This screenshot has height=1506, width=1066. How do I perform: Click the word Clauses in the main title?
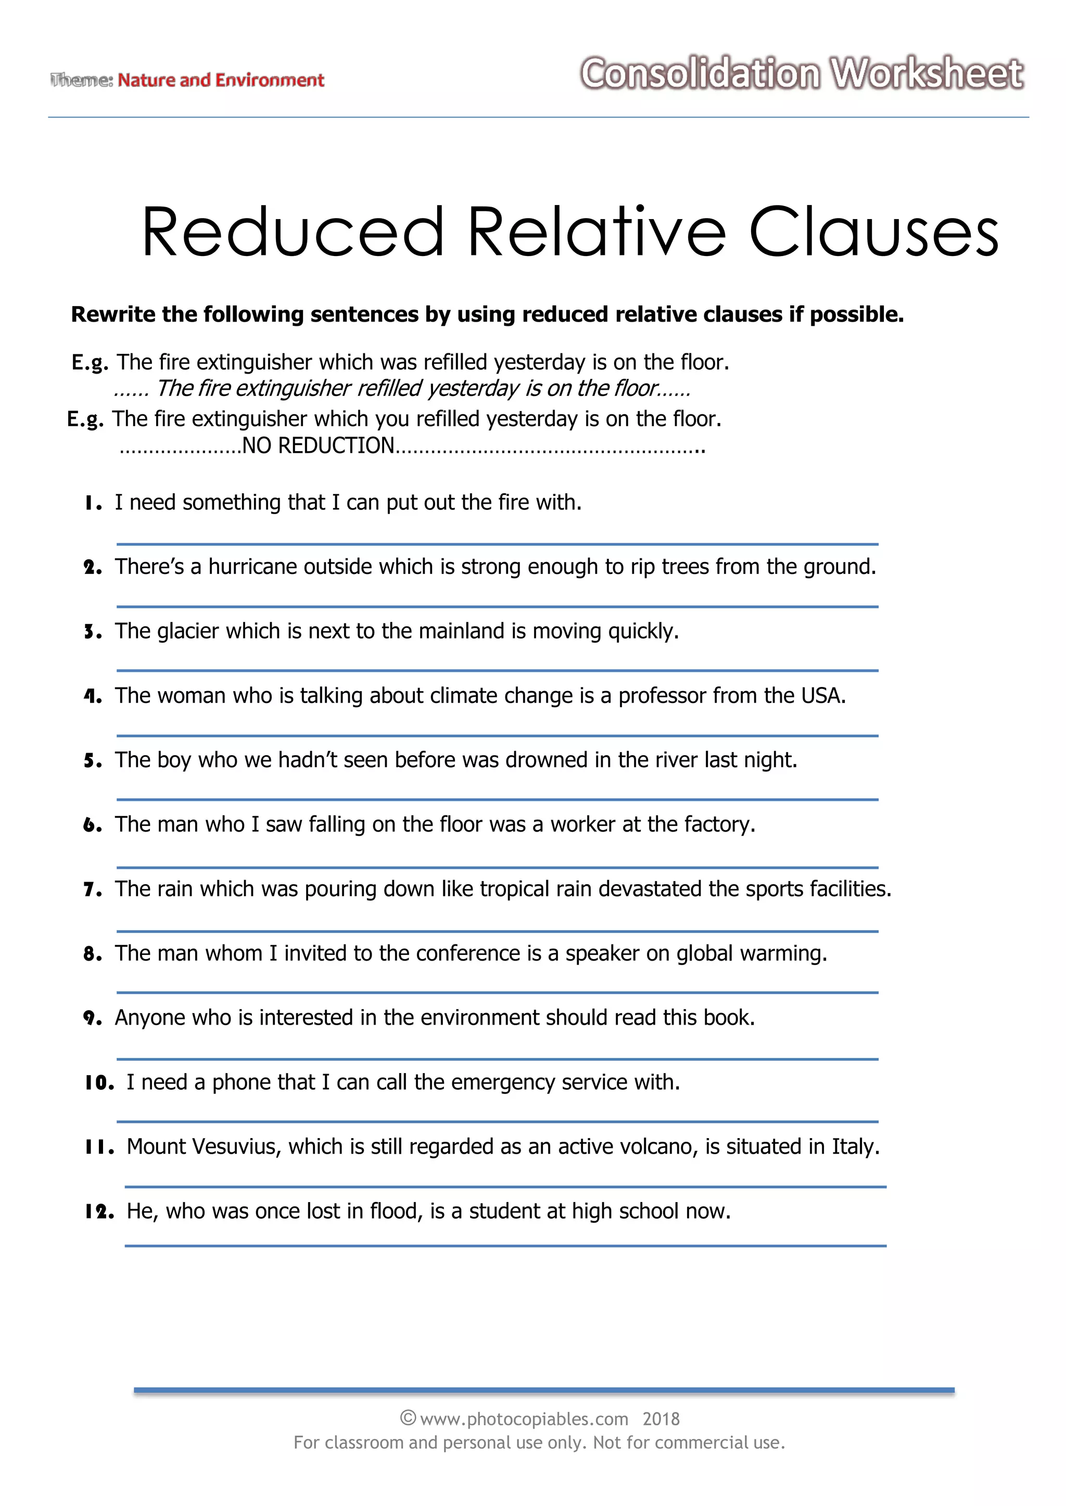(873, 233)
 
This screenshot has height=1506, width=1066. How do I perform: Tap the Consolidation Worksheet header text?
(802, 73)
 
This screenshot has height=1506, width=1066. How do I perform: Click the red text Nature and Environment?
(221, 80)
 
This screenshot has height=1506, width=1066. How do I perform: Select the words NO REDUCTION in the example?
(318, 445)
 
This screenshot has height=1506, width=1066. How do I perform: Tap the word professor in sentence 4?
(662, 696)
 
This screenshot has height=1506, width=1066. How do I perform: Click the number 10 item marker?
(99, 1082)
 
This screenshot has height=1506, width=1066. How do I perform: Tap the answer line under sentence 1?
(497, 544)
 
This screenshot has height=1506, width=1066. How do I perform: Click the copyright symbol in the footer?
(408, 1419)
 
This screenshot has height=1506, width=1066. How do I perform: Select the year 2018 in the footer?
(661, 1420)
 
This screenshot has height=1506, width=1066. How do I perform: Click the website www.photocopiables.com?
(523, 1420)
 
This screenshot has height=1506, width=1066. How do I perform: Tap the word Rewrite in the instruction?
(113, 314)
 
